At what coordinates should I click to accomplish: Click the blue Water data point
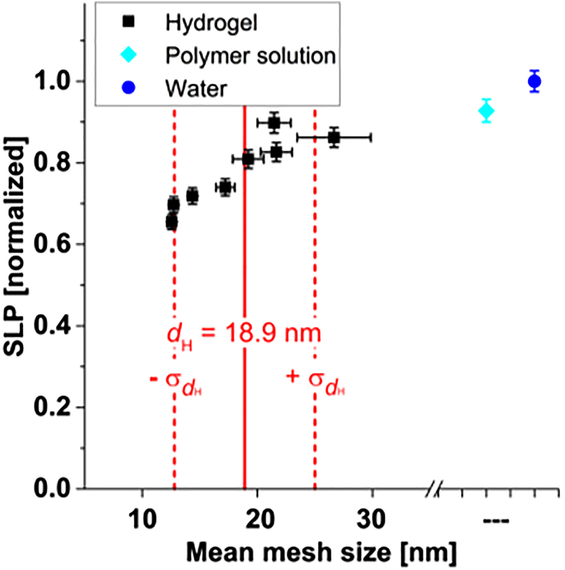coord(534,81)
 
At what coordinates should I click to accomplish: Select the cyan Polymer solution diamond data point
coord(486,111)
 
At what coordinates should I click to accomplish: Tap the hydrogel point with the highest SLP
coord(274,122)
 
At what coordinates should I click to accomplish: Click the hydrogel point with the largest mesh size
coord(333,137)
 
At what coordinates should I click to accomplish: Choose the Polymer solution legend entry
coord(250,56)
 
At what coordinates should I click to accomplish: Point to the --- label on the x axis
coord(497,519)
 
